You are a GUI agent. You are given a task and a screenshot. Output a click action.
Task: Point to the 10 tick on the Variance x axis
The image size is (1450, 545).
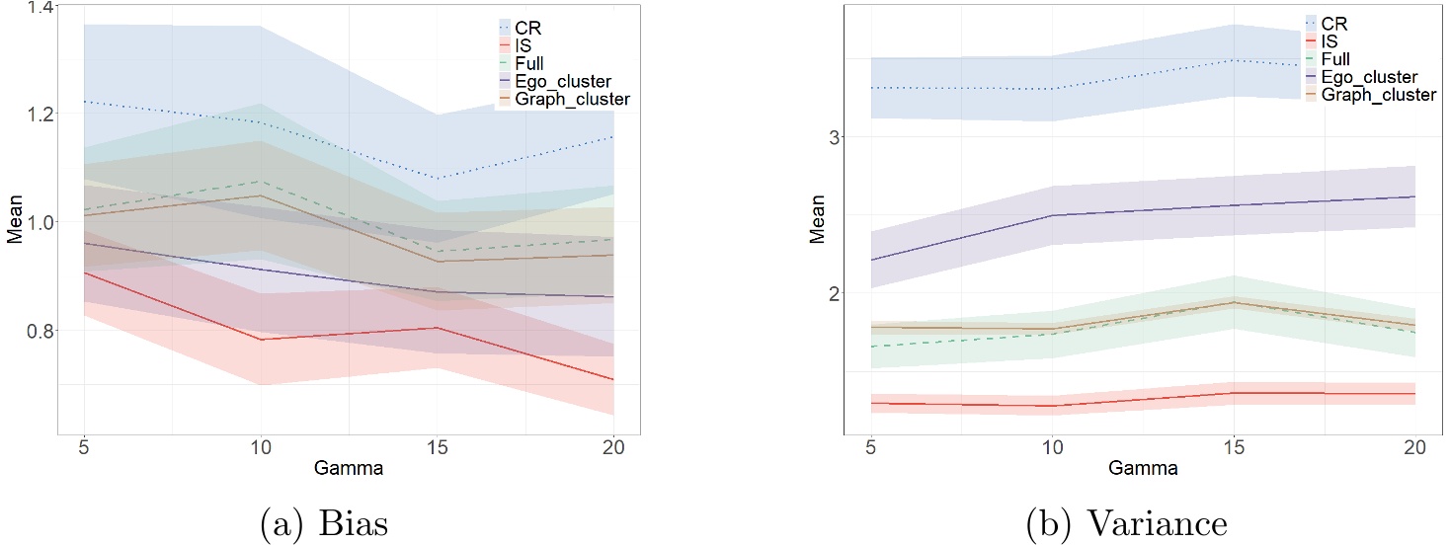(x=1052, y=446)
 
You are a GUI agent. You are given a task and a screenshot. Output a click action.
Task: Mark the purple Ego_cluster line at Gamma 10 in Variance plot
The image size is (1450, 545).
(x=1052, y=215)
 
